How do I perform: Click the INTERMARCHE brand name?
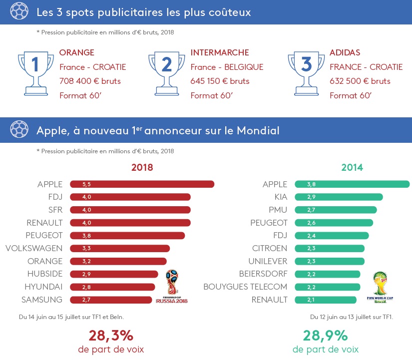pos(219,52)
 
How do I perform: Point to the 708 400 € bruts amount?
pos(90,81)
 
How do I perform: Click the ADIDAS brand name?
pos(345,52)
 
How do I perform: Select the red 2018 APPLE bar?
pos(142,184)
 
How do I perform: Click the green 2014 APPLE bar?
pos(352,184)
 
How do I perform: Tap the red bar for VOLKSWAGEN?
pos(120,248)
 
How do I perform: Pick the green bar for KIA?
pos(339,197)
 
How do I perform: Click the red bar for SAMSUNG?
pos(111,300)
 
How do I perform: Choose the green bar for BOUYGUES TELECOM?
pos(327,287)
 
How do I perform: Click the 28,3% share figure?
pos(111,335)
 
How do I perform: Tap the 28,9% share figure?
pos(326,335)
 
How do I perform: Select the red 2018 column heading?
pos(142,167)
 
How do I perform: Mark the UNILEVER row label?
pos(268,261)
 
